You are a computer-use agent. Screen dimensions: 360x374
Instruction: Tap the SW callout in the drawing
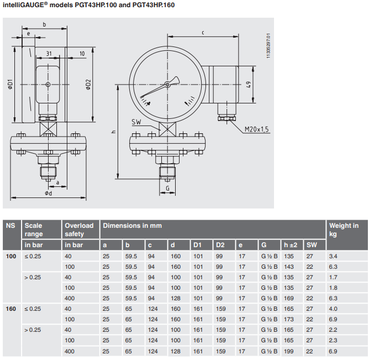137,122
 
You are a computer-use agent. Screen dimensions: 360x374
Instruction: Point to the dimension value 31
49,54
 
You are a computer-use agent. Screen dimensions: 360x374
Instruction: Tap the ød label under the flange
49,193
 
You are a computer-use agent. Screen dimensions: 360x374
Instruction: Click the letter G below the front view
167,188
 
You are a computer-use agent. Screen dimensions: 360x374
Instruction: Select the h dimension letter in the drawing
113,132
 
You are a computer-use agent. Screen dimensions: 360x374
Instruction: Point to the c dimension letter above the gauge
203,33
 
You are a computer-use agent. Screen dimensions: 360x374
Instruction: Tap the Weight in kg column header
344,229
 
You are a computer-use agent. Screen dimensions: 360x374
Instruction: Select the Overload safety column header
79,229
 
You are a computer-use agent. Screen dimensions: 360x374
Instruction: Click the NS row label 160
11,308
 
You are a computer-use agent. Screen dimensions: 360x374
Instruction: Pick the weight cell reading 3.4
333,257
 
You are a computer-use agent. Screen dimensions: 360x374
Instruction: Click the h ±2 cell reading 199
289,351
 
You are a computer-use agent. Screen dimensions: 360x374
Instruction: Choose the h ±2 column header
290,245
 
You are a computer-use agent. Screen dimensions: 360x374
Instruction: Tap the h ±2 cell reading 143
289,267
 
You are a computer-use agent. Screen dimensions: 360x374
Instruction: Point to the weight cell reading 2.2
333,330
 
